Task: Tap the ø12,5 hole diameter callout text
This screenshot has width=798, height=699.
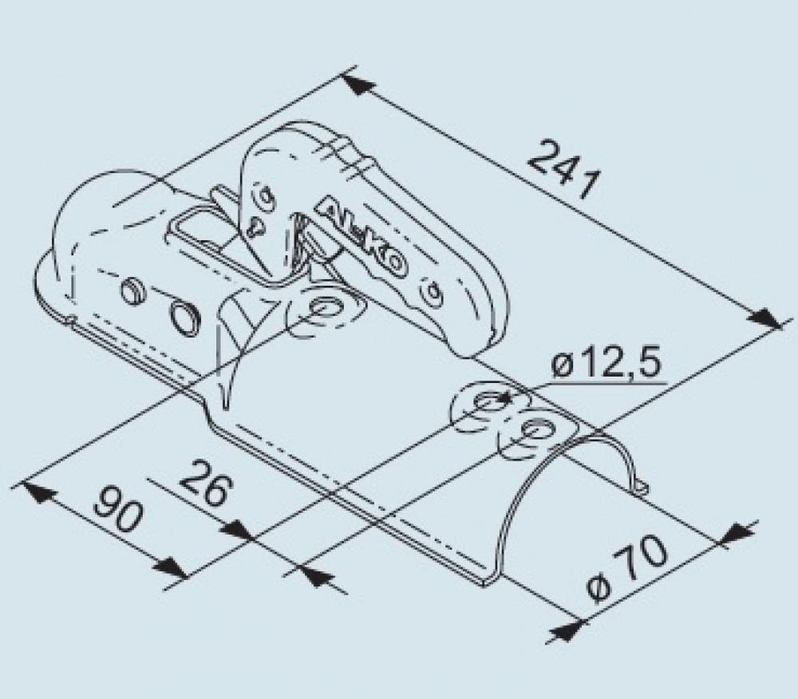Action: pos(606,366)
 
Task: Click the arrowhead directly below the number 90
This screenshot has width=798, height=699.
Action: pos(169,567)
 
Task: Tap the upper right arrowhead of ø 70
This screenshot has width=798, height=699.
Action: pos(737,533)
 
